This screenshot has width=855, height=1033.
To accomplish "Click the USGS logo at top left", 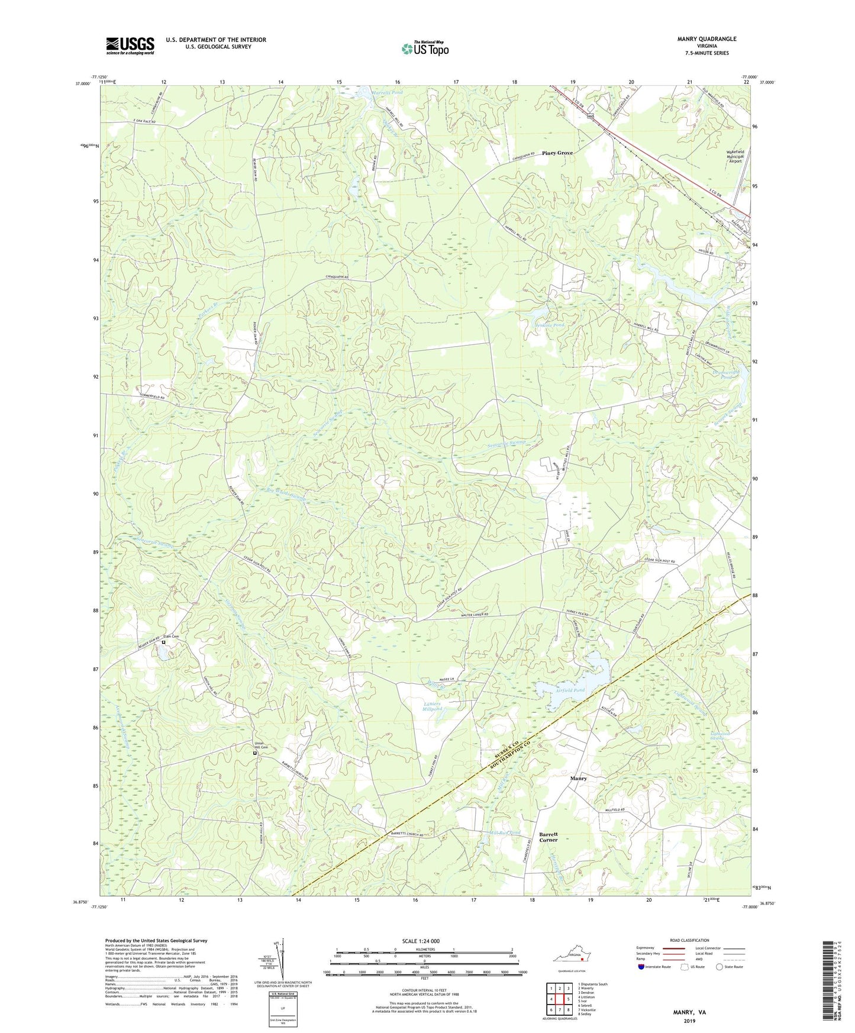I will (130, 46).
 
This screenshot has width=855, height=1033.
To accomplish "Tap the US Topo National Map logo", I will (424, 49).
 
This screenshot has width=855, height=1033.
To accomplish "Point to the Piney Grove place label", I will (557, 153).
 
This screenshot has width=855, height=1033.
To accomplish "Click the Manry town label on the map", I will (578, 779).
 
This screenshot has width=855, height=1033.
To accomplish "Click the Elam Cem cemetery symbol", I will (164, 641).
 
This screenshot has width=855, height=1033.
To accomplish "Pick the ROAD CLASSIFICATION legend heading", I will (689, 940).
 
